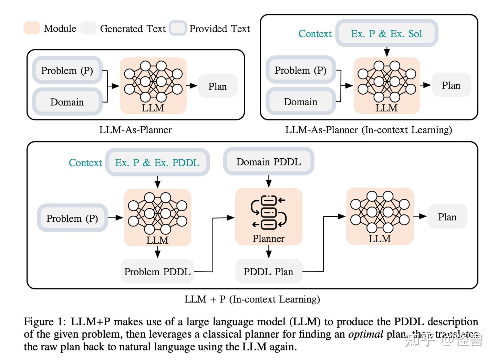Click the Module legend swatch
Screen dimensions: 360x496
[32, 28]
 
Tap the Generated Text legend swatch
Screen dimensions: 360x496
[88, 28]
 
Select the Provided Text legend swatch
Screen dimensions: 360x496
[178, 28]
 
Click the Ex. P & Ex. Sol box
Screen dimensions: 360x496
[386, 33]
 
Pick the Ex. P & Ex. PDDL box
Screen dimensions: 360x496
[157, 162]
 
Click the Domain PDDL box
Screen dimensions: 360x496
[269, 161]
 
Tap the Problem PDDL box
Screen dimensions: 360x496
[157, 272]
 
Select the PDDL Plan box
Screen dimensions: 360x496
[268, 272]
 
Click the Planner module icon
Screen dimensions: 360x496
[269, 212]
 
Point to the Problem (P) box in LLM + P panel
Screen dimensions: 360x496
[72, 218]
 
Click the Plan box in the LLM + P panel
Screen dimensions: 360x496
[447, 217]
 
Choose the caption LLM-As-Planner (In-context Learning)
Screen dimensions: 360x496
[369, 130]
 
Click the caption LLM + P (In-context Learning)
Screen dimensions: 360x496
[252, 299]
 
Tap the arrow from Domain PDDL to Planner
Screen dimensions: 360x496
[269, 181]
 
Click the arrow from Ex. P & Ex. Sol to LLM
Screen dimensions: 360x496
[387, 51]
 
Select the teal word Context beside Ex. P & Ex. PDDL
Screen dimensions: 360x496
[85, 162]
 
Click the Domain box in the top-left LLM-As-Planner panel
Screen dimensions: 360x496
[67, 102]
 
